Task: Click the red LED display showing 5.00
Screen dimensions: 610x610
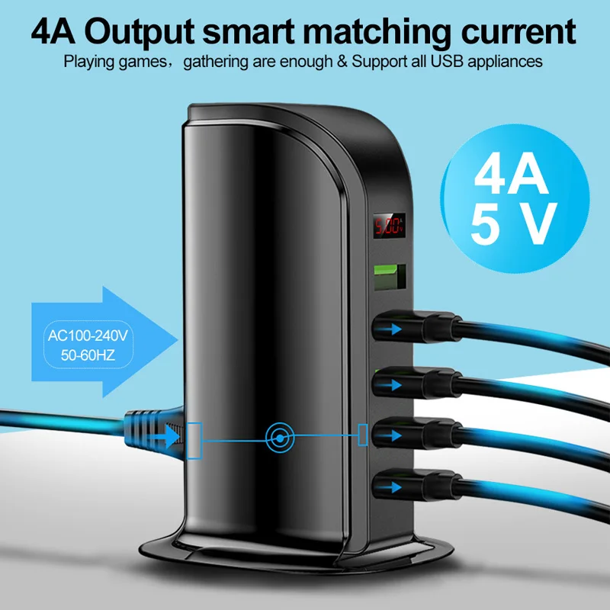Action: click(387, 226)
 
